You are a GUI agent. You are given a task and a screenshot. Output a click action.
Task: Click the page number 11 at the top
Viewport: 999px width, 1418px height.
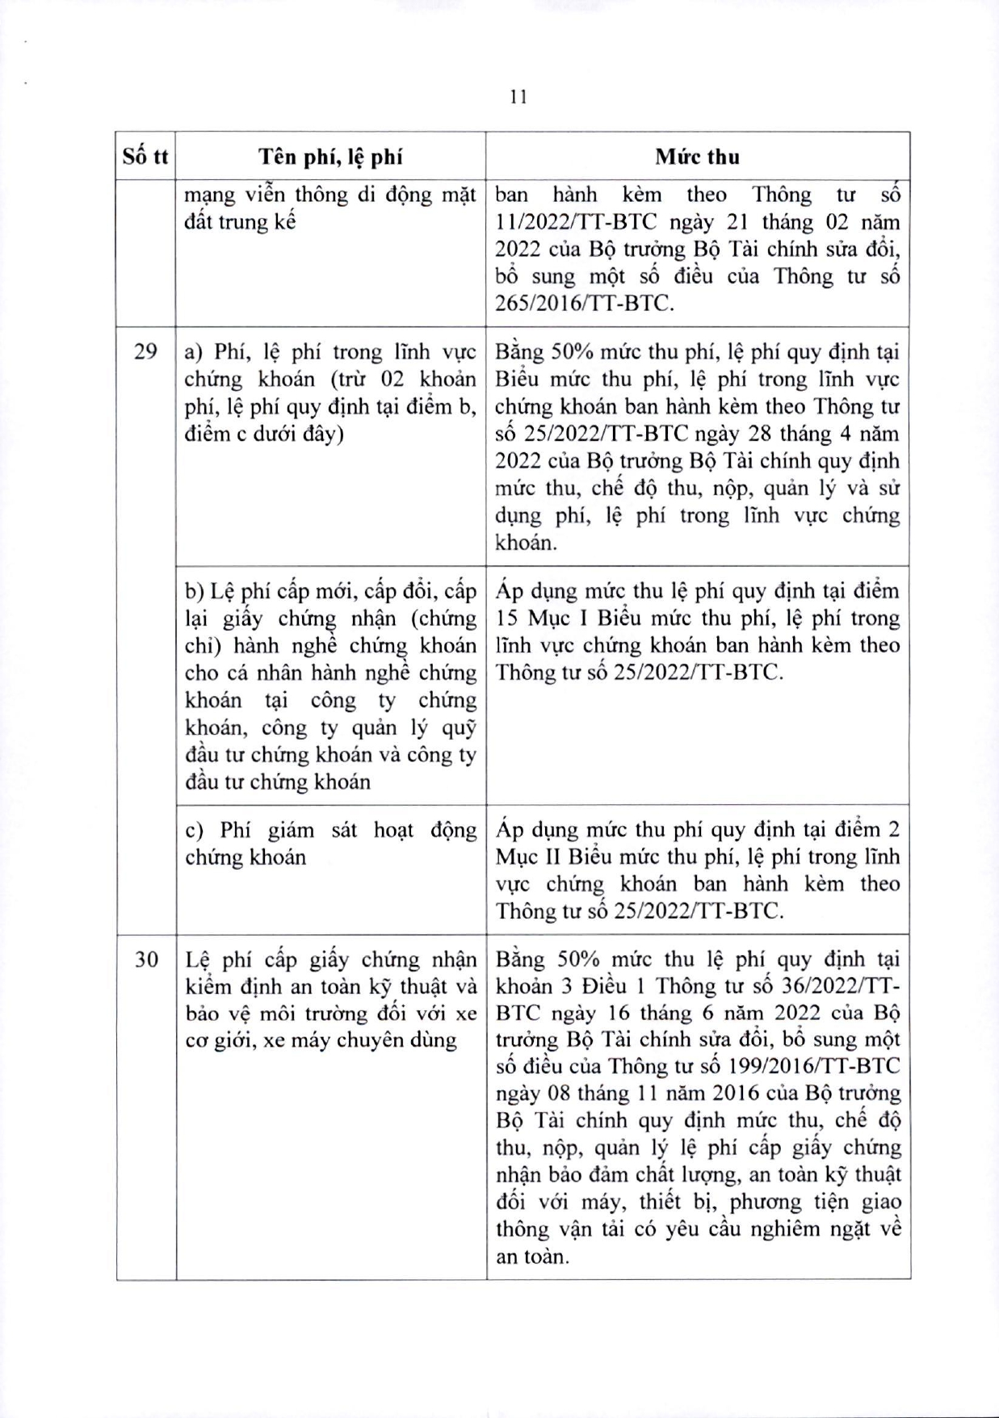pyautogui.click(x=519, y=97)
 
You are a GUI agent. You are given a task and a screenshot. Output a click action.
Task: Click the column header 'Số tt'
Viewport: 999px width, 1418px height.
pyautogui.click(x=145, y=157)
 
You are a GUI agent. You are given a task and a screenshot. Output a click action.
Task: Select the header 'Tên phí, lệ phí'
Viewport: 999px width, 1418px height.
pyautogui.click(x=330, y=157)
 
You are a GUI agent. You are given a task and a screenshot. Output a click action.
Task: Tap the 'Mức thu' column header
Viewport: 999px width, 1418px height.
pyautogui.click(x=697, y=157)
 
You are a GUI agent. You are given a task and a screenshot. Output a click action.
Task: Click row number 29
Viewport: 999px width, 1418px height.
pyautogui.click(x=145, y=352)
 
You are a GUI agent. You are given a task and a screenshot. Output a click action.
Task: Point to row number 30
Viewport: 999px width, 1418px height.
pyautogui.click(x=145, y=960)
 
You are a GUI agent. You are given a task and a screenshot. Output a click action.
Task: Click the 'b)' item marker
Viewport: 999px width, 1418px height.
pyautogui.click(x=194, y=592)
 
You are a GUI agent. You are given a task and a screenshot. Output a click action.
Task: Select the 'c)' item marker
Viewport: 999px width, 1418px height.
pyautogui.click(x=194, y=831)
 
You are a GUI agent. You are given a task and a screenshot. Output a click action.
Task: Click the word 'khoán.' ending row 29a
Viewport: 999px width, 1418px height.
pyautogui.click(x=526, y=543)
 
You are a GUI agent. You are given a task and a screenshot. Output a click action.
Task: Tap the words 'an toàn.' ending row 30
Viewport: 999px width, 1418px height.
pyautogui.click(x=532, y=1256)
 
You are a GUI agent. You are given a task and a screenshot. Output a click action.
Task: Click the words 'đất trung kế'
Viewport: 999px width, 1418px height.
pyautogui.click(x=240, y=222)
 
